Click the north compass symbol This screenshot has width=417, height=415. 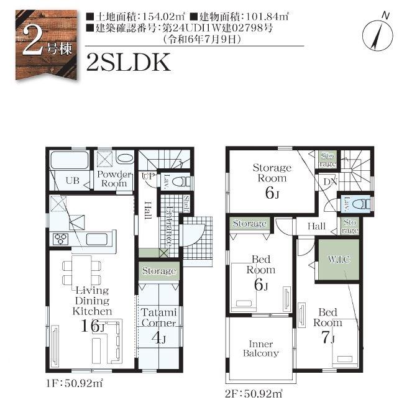pyautogui.click(x=378, y=35)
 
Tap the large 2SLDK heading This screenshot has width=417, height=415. pyautogui.click(x=129, y=62)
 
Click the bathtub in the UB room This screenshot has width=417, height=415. pyautogui.click(x=70, y=160)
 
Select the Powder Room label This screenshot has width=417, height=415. pyautogui.click(x=114, y=179)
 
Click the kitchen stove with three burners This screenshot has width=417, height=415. pyautogui.click(x=61, y=239)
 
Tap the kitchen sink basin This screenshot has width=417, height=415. pyautogui.click(x=97, y=239)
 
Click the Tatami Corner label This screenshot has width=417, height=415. pyautogui.click(x=158, y=317)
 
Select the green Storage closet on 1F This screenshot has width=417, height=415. pyautogui.click(x=159, y=271)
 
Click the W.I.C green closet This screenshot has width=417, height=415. pyautogui.click(x=339, y=260)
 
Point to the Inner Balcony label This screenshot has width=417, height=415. pyautogui.click(x=260, y=349)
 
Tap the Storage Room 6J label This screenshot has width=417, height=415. pyautogui.click(x=272, y=181)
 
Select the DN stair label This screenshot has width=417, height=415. pyautogui.click(x=330, y=182)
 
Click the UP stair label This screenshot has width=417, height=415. pyautogui.click(x=148, y=175)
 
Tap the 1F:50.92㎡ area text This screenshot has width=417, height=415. pyautogui.click(x=75, y=383)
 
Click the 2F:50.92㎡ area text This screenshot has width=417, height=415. pyautogui.click(x=254, y=394)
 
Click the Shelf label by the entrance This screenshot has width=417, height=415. pyautogui.click(x=187, y=204)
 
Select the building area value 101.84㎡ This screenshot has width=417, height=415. pyautogui.click(x=267, y=17)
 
